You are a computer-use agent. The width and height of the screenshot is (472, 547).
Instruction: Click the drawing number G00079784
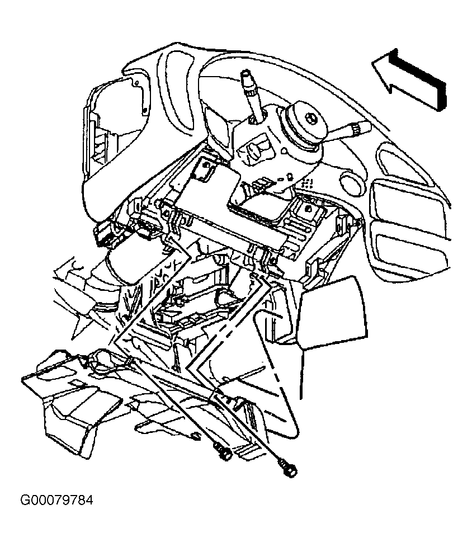[57, 500]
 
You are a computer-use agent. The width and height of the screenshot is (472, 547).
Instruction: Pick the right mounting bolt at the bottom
[288, 468]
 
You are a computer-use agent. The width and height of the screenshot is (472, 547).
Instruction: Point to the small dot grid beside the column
[308, 182]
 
